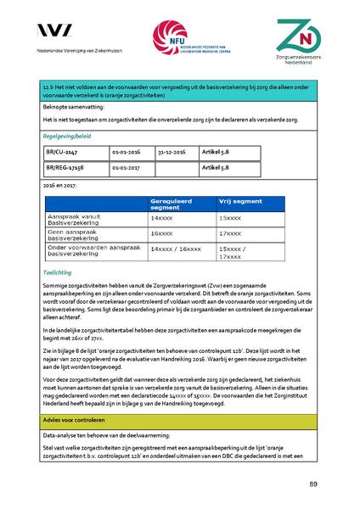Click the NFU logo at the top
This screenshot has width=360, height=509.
click(182, 40)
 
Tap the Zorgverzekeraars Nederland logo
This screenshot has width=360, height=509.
click(303, 42)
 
